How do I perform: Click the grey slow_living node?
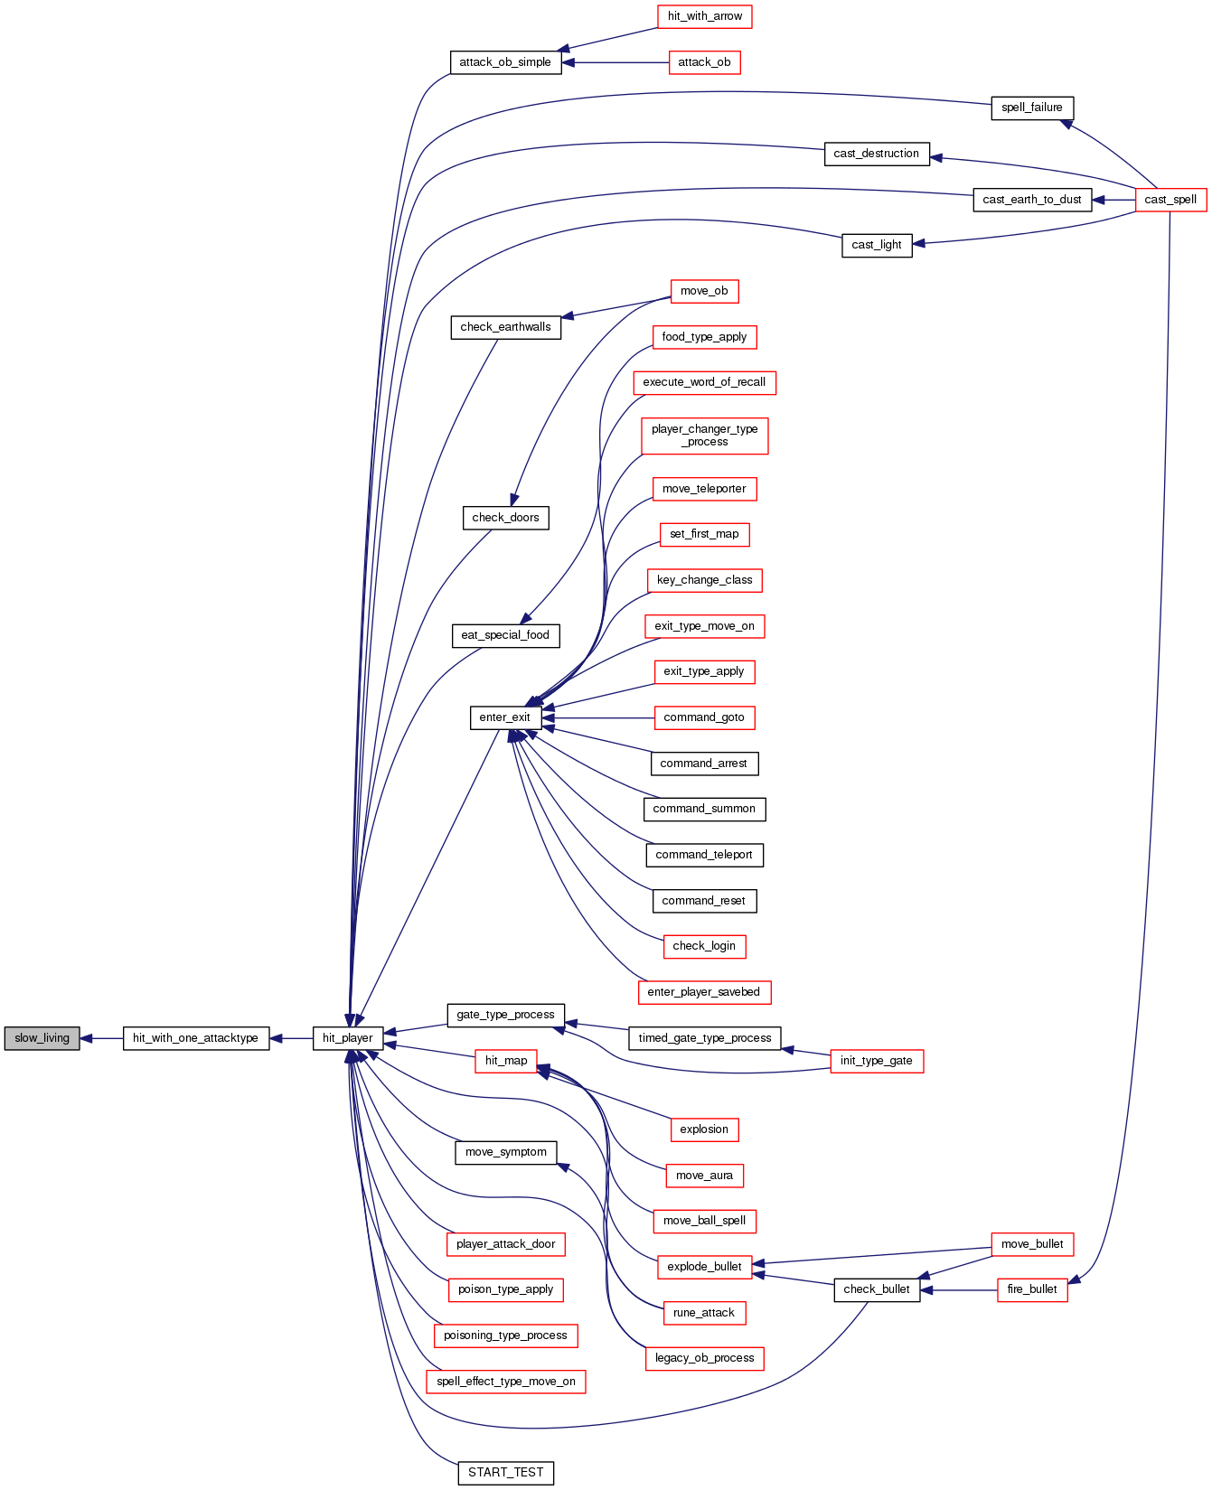42,1038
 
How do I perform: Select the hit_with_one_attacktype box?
196,1038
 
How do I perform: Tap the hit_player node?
348,1038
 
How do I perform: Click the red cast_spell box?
1170,200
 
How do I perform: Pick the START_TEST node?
505,1473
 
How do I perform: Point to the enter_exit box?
505,717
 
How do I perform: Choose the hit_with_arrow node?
704,16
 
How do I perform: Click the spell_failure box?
1032,108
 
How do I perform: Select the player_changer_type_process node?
704,436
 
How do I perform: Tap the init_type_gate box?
876,1061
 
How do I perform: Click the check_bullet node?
877,1289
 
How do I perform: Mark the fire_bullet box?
1032,1289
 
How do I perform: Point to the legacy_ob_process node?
704,1358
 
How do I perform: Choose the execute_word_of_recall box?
704,382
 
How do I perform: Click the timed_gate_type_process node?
704,1038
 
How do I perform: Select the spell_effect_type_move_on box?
505,1382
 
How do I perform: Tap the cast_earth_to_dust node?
1032,200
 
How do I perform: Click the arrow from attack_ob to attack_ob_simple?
615,62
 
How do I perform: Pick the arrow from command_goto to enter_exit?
597,718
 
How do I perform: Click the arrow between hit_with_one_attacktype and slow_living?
101,1038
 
